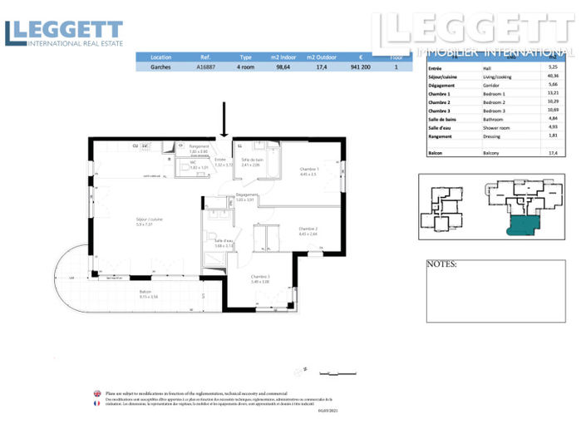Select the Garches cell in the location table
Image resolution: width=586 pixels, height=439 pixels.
(x=161, y=67)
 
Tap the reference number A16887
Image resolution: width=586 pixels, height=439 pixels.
(x=208, y=67)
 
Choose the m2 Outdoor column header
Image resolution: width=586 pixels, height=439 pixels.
(x=322, y=57)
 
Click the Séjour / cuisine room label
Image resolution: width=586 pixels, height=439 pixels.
(x=150, y=220)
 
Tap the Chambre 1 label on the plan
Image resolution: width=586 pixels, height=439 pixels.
(x=309, y=170)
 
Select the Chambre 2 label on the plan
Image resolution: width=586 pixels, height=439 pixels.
(x=308, y=229)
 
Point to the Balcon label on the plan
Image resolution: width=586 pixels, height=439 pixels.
(x=145, y=293)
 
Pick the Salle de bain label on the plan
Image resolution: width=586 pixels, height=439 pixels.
(x=252, y=160)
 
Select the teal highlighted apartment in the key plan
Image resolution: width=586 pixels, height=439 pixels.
(x=529, y=224)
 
